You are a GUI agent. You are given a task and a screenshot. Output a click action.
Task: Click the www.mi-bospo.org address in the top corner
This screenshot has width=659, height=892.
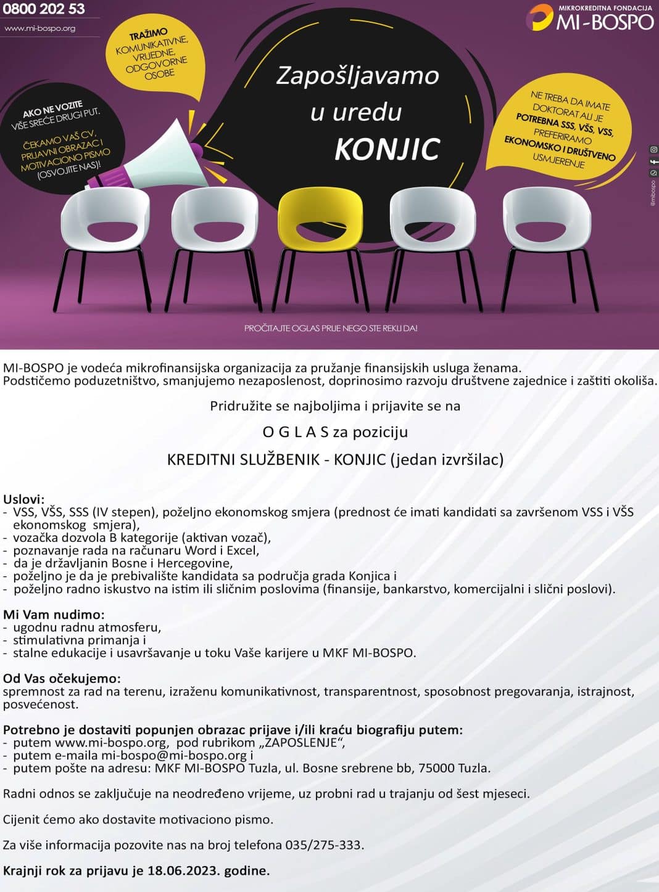coord(40,28)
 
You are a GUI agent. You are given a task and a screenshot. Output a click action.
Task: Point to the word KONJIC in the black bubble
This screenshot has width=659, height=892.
coord(387,149)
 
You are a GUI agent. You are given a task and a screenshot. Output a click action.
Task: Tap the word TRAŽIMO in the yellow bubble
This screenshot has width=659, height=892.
coord(148,35)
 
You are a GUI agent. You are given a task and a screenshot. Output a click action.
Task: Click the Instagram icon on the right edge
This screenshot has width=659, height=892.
coord(653,149)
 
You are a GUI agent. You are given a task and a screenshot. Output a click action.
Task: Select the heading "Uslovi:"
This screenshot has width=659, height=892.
coord(24,499)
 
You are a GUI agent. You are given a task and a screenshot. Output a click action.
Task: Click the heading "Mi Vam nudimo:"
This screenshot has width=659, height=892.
coord(54,614)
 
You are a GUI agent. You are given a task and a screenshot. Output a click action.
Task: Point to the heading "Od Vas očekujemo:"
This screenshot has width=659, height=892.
coord(62,679)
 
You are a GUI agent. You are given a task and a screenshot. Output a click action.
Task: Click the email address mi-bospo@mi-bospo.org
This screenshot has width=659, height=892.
coord(174,755)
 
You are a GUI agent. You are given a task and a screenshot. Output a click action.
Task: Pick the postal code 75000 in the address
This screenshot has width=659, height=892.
coord(436,768)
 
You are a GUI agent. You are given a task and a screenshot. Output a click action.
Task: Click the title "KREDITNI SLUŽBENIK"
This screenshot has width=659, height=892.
coord(244,459)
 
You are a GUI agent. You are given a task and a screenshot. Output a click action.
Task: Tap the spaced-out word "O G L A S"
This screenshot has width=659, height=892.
coord(296,432)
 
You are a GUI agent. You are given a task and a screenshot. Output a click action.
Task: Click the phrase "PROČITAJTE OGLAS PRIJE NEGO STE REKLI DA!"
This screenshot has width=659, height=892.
coord(331,328)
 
